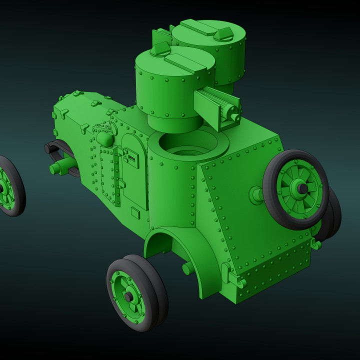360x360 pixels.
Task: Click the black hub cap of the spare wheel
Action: click(302, 188)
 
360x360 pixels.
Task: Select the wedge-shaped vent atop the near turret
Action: click(160, 48)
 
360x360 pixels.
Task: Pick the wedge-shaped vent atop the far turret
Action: click(223, 33)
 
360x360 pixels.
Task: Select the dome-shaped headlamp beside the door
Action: click(105, 138)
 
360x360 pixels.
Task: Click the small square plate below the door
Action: click(135, 213)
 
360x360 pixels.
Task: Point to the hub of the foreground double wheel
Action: click(129, 297)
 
